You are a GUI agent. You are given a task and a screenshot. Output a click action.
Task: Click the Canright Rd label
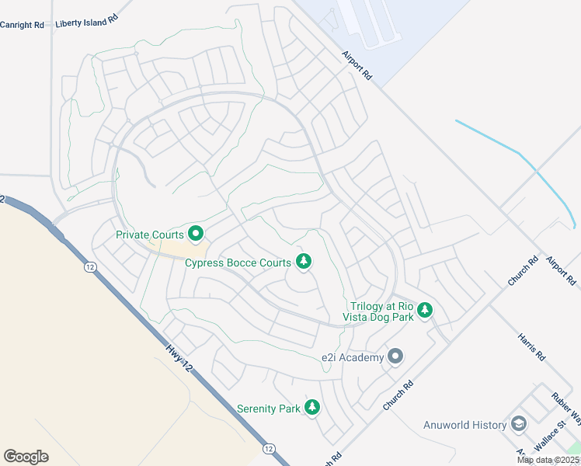[23, 25]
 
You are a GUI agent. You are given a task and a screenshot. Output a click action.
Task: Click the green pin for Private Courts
[196, 233]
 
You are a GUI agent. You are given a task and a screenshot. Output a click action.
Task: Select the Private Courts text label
[150, 234]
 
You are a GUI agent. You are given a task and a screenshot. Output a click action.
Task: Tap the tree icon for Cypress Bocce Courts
[304, 263]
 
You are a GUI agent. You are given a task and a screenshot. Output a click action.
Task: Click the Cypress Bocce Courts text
[238, 263]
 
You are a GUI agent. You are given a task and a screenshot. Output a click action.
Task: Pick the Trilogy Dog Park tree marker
[424, 311]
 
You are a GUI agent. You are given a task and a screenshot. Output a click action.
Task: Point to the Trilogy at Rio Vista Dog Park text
[381, 311]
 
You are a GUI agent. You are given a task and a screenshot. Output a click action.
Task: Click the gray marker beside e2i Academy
[395, 357]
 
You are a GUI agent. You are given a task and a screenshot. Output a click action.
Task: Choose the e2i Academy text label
[353, 357]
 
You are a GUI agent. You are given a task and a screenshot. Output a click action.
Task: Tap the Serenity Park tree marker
[311, 408]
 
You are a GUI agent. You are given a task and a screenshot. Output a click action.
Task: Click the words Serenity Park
[269, 409]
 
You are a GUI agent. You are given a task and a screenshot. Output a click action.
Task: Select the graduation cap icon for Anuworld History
[519, 425]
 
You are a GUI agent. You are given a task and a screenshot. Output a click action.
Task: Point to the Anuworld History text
[464, 425]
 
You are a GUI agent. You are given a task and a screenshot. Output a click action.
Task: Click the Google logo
[26, 457]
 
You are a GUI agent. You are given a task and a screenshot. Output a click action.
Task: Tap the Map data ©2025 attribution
[548, 460]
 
